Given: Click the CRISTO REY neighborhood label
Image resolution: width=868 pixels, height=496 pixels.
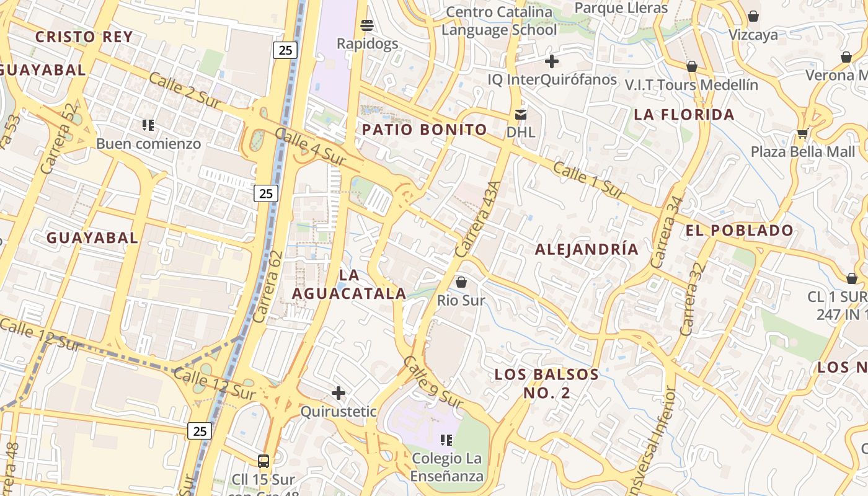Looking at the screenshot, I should tap(84, 37).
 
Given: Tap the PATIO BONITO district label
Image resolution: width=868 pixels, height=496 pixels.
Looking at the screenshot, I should tap(425, 130).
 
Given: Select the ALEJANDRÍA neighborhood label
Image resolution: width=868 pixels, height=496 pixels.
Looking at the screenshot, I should tap(586, 249).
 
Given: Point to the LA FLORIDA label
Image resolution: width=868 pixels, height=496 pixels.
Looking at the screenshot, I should tap(684, 115).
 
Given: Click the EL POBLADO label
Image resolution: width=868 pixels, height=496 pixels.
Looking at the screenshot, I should tap(739, 231).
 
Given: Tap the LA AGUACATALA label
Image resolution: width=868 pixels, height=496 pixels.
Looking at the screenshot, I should tap(349, 285).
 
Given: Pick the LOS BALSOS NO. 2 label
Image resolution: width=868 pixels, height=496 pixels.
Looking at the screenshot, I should tap(546, 384).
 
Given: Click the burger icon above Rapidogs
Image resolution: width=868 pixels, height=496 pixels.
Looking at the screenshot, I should tap(367, 25).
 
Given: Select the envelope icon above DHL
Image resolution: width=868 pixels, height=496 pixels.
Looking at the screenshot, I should tap(520, 114).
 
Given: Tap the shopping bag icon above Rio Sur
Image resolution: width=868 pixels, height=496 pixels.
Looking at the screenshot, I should tap(461, 282).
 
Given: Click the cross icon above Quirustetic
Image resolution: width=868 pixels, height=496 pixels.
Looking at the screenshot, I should tap(339, 393).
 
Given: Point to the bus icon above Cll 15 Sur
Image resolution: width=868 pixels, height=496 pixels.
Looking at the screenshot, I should tap(263, 461).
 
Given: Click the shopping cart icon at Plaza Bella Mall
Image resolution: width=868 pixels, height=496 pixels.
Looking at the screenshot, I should tap(802, 133).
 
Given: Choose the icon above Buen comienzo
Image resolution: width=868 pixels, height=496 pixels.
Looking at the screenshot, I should tap(148, 125).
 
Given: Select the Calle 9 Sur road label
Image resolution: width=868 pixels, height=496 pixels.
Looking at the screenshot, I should tap(433, 383).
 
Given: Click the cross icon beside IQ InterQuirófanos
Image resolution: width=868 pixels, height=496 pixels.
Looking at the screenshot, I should tap(551, 61).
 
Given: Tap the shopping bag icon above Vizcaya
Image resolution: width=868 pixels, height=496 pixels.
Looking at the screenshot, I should tap(753, 16).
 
